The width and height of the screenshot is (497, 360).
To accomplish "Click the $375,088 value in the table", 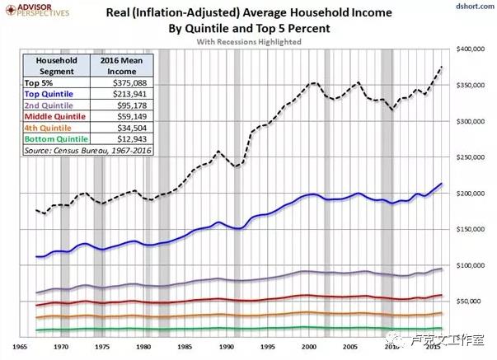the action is click(x=130, y=83).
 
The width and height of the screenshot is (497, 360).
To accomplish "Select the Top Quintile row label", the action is click(x=49, y=94).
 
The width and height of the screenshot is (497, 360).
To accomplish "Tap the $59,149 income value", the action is click(x=132, y=117).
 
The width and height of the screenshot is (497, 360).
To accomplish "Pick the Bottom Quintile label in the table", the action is click(x=56, y=139).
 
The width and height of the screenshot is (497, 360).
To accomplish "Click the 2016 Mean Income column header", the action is click(x=122, y=66).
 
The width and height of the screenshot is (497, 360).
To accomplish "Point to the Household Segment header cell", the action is click(x=56, y=66).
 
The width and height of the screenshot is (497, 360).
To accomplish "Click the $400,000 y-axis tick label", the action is click(x=471, y=49).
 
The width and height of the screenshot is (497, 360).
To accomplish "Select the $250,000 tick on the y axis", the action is click(x=471, y=157).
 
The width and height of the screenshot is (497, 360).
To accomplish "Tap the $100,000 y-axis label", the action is click(x=471, y=265).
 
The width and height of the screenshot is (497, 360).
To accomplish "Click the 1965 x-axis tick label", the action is click(x=20, y=347).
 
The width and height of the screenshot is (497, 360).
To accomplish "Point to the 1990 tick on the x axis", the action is click(x=227, y=347).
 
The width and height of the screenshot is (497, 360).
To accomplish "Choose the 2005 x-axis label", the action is click(x=350, y=347).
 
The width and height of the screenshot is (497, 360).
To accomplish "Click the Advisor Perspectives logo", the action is click(x=37, y=10).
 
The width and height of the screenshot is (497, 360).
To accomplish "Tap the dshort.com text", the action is click(x=475, y=6).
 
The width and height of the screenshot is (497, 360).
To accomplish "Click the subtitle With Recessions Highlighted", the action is click(x=249, y=42).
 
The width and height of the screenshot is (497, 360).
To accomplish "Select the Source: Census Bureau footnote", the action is click(x=88, y=150).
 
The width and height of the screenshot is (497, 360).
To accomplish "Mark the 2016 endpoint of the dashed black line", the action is click(x=442, y=67).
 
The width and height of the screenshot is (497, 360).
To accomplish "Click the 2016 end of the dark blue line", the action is click(x=441, y=184).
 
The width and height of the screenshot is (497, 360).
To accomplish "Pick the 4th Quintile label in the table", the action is click(x=48, y=128).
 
